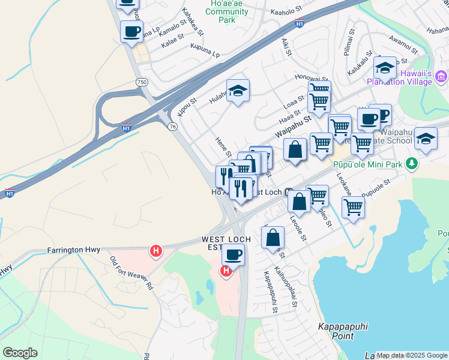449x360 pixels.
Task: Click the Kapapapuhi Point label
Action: (342, 332)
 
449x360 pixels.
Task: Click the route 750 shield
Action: (142, 82)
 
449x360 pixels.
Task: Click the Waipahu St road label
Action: (294, 127)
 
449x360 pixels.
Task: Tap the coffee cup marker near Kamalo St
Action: (131, 31)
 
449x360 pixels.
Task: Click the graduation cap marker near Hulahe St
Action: (238, 91)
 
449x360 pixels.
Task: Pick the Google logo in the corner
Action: (20, 353)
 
